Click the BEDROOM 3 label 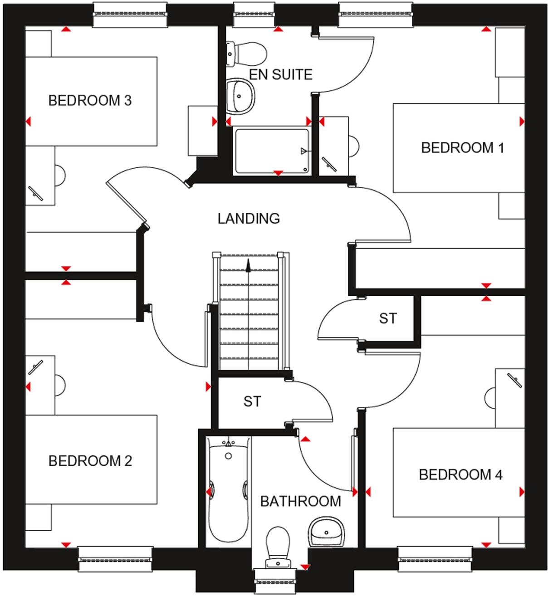pos(90,100)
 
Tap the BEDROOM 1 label pos(462,148)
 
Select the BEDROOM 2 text pos(90,461)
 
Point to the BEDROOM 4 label pos(460,475)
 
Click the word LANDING pos(249,219)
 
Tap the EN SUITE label pos(281,74)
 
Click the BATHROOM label pos(300,501)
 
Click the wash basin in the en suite pos(240,95)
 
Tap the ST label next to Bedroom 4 pos(388,318)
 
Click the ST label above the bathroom pos(252,401)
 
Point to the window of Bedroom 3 pos(130,14)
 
